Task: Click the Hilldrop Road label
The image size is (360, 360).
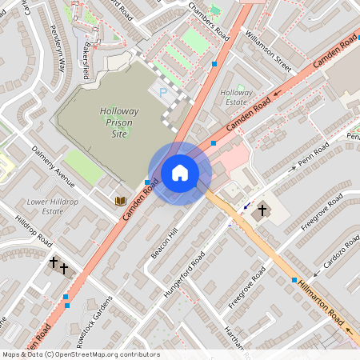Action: click(x=34, y=230)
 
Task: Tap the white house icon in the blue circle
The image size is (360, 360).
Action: click(x=180, y=173)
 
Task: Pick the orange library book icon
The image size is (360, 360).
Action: click(x=121, y=200)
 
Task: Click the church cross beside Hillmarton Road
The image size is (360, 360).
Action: click(x=262, y=210)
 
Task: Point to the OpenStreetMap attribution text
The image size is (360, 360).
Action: click(x=81, y=354)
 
